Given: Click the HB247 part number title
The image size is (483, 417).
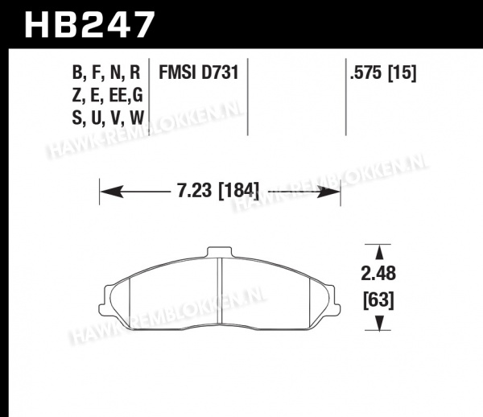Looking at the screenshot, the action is pyautogui.click(x=89, y=25).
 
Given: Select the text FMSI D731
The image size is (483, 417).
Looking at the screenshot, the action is pyautogui.click(x=199, y=73).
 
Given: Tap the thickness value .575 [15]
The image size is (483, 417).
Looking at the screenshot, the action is pyautogui.click(x=383, y=73).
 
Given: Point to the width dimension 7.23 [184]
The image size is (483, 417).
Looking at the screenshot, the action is pyautogui.click(x=218, y=191).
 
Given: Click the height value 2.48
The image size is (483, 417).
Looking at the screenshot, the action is pyautogui.click(x=378, y=273).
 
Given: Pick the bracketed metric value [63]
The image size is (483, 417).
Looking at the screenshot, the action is pyautogui.click(x=378, y=300).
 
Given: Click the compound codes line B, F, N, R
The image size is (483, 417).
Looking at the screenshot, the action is pyautogui.click(x=106, y=73).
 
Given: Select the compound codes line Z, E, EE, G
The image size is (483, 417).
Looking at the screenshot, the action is pyautogui.click(x=108, y=96).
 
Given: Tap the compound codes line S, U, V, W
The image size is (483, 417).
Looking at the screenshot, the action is pyautogui.click(x=108, y=118).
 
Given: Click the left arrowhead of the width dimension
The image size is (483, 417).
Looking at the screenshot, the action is pyautogui.click(x=112, y=192).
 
